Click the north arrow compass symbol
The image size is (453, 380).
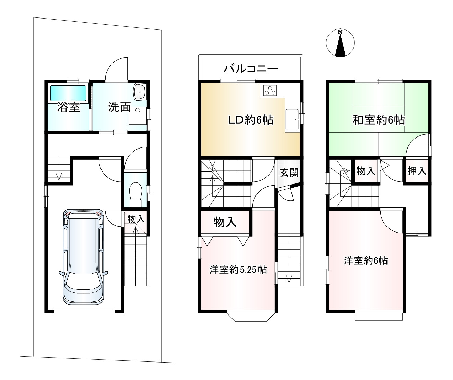coord(340,43)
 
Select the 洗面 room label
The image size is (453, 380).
coord(119,107)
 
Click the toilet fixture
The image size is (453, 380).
coord(135,195)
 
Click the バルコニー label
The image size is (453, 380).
coord(251,69)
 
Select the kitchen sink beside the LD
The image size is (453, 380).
coord(292,120)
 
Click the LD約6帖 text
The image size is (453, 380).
coord(250,120)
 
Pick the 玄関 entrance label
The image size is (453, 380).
coord(289,173)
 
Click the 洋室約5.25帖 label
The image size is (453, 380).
coord(238,270)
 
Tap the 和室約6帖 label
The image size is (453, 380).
coord(378,120)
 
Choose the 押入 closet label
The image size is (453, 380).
coord(417,171)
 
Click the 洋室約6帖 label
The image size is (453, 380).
coord(366,261)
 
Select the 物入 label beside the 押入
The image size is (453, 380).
coord(366,171)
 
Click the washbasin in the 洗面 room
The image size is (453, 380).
coord(140,92)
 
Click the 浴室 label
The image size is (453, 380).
coord(69,107)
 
